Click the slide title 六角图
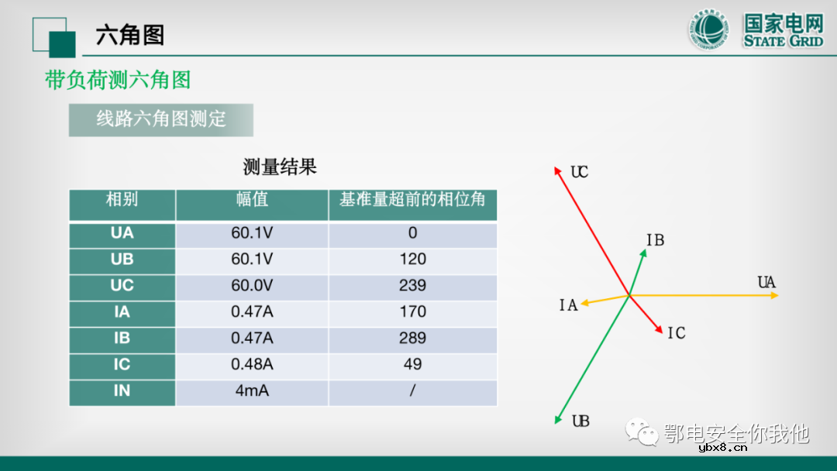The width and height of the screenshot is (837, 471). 129,35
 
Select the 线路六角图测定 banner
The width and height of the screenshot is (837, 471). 160,119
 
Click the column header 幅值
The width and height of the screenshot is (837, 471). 252,200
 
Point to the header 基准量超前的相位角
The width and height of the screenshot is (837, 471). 412,200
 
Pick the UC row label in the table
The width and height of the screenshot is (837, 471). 122,285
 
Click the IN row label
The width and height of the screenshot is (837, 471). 122,390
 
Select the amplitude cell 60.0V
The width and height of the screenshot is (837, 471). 252,285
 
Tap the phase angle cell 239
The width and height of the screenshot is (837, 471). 412,285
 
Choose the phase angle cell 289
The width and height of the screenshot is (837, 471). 412,338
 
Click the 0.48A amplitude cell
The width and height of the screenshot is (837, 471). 252,364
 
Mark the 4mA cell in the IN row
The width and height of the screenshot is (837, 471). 252,390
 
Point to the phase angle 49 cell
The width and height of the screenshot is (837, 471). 412,364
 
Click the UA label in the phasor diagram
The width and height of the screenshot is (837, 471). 766,283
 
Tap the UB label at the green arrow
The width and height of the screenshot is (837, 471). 580,421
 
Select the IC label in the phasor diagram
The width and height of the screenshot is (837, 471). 676,333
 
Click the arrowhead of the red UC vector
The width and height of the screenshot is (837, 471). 556,168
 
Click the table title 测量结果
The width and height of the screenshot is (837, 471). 280,167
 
